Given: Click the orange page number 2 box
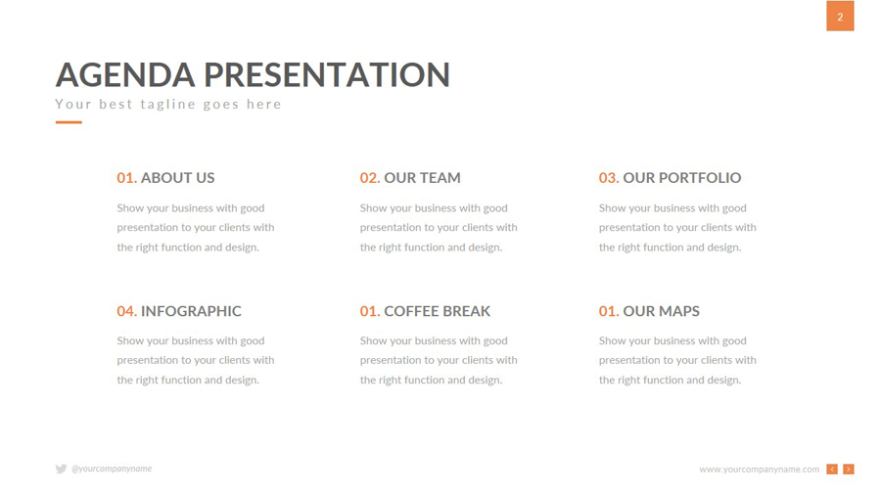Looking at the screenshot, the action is click(x=840, y=16).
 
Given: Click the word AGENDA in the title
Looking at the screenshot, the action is click(x=125, y=74).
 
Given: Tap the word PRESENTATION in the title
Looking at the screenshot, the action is click(x=326, y=74).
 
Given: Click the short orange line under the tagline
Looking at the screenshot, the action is click(x=69, y=121).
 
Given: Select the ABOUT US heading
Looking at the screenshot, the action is click(x=177, y=178).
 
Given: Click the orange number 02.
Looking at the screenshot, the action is click(x=370, y=178).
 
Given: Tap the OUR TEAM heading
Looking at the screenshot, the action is click(x=422, y=178).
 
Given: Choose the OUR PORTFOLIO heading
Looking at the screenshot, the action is click(x=682, y=178).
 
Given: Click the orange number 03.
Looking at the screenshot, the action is click(x=609, y=178).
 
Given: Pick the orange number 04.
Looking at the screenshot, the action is click(x=126, y=311).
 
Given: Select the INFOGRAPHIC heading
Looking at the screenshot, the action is click(x=191, y=311).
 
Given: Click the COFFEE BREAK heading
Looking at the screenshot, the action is click(x=438, y=311).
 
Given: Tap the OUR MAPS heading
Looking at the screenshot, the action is click(x=662, y=311).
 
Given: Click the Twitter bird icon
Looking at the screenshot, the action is click(x=62, y=469).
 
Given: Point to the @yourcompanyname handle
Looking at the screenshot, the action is click(x=112, y=469).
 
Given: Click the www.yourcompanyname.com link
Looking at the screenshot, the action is click(x=759, y=470).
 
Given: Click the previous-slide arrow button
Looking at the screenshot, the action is click(x=832, y=470).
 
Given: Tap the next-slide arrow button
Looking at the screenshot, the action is click(x=849, y=470).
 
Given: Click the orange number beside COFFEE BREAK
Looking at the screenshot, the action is click(x=370, y=311).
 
